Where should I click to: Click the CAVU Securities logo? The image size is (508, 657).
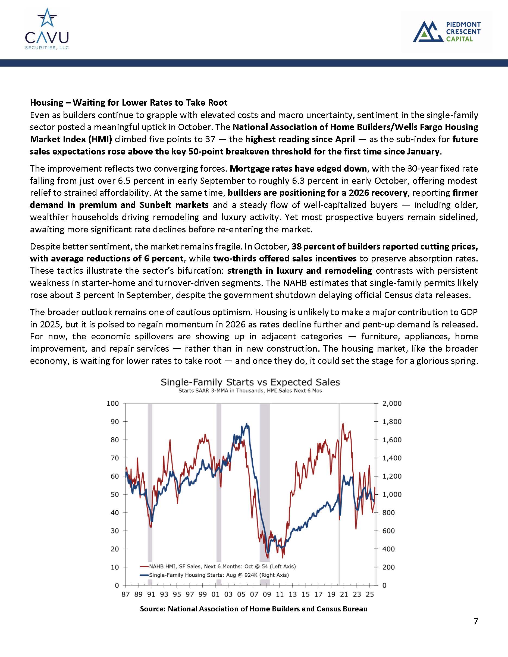47,29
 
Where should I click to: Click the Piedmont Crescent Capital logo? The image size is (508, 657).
447,31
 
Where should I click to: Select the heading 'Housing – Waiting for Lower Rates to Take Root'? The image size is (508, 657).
128,103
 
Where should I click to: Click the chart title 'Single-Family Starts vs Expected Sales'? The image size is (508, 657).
250,382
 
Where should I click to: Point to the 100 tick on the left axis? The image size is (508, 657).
112,403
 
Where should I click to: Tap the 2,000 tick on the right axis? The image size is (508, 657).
392,403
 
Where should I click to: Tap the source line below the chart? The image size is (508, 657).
253,609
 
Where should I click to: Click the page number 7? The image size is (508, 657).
475,621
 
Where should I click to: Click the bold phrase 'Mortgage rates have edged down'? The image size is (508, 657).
298,169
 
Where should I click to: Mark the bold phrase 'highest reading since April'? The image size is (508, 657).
300,139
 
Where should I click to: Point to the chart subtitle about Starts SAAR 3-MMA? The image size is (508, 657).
250,391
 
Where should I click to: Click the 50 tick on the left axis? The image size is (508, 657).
114,495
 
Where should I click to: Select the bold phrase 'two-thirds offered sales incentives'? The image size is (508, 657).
285,258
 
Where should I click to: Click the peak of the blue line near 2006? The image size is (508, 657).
247,424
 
